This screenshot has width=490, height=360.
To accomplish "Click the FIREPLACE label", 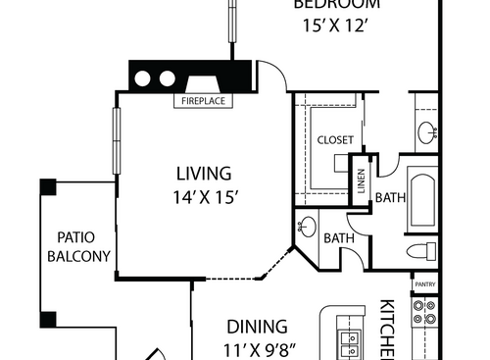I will click(x=204, y=100).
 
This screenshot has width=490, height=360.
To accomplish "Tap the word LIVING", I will click(x=204, y=174).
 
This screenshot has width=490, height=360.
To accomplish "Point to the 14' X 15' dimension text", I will click(x=204, y=196).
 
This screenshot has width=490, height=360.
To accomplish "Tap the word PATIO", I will click(x=74, y=236).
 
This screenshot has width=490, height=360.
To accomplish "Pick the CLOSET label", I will click(x=334, y=140).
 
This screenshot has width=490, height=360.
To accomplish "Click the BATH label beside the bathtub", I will click(x=389, y=197).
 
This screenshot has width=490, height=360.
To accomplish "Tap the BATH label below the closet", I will click(x=338, y=237).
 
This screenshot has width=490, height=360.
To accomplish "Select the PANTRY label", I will click(x=424, y=285).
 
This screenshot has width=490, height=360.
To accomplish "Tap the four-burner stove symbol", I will click(x=424, y=312).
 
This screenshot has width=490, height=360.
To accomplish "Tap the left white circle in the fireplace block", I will click(x=143, y=77).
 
